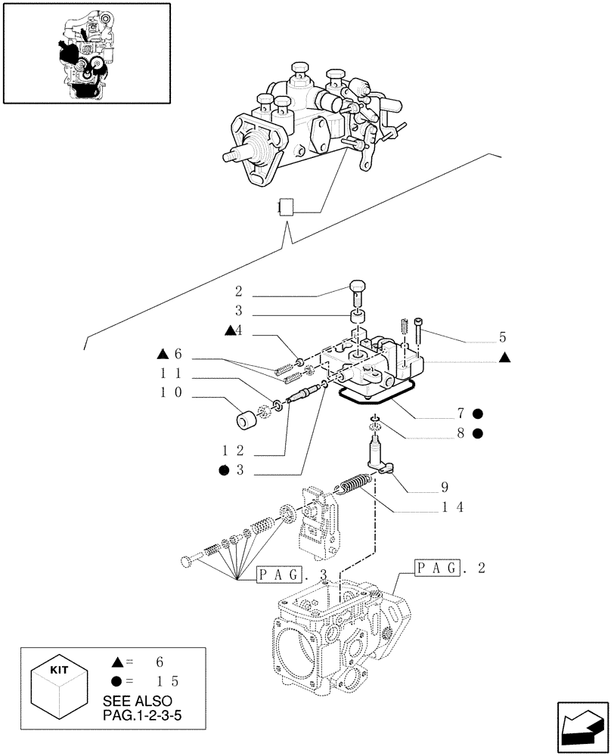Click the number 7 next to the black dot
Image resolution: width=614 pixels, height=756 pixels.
coord(461,414)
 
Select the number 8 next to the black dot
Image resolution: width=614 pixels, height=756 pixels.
coord(461,434)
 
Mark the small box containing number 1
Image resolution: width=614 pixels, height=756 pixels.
coord(284,207)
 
